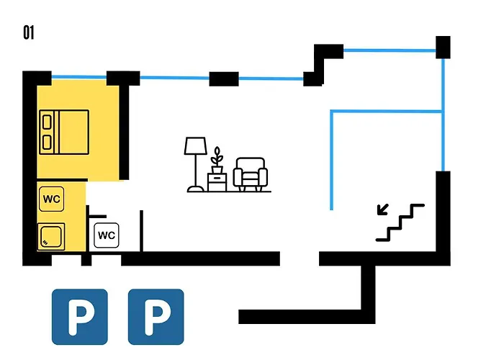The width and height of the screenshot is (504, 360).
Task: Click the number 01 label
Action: (x=29, y=32)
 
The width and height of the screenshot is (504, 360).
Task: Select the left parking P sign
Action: (x=80, y=317)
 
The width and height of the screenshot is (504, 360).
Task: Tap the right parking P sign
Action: (x=156, y=317)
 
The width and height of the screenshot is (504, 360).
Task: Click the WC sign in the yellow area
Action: (x=51, y=199)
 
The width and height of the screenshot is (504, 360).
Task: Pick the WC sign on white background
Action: (x=107, y=235)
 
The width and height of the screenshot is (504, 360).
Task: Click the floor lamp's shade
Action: (x=195, y=146)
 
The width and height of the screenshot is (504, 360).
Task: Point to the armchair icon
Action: (x=251, y=174)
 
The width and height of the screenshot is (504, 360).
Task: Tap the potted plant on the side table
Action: (x=217, y=160)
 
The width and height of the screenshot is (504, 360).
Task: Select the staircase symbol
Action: (x=400, y=222)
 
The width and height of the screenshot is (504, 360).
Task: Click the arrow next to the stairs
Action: (x=383, y=210)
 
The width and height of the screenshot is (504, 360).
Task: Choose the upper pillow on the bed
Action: (x=47, y=122)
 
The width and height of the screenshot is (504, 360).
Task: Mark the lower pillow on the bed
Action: (x=47, y=143)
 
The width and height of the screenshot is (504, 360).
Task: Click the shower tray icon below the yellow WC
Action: (x=51, y=237)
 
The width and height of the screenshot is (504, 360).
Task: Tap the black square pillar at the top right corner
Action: (x=443, y=48)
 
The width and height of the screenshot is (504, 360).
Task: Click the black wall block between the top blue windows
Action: (x=224, y=78)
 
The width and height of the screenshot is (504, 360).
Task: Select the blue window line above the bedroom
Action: (x=79, y=77)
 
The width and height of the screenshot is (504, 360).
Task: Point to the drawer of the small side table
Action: (x=217, y=178)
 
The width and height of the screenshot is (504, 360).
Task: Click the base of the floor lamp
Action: (x=195, y=189)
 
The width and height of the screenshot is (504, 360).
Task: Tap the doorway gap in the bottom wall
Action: (x=300, y=258)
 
